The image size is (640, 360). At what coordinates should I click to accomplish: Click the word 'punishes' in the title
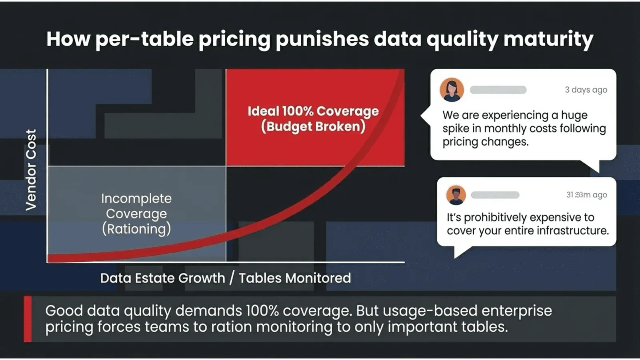(x=322, y=40)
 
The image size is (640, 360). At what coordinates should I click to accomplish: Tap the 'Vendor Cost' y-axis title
(x=31, y=170)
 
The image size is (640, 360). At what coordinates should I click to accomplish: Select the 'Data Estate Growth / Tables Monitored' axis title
(x=226, y=278)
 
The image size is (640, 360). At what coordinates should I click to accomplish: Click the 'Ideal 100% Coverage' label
(x=313, y=111)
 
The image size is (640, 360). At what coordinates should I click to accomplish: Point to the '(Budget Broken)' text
(x=313, y=126)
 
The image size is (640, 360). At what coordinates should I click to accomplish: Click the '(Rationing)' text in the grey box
(x=136, y=229)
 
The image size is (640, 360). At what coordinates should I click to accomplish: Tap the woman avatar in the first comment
(x=452, y=90)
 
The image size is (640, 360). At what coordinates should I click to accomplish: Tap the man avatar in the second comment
(x=456, y=196)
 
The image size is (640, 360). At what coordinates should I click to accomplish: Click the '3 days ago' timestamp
(x=586, y=90)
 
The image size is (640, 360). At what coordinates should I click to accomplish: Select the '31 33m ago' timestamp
(x=586, y=195)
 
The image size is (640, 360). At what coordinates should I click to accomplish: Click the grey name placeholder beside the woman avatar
(x=498, y=90)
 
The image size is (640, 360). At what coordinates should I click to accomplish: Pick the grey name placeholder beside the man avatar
(x=495, y=195)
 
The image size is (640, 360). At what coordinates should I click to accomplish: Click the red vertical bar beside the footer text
(x=28, y=319)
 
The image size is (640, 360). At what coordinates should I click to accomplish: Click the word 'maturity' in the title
(x=548, y=40)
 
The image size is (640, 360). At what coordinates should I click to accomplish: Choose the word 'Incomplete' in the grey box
(x=136, y=198)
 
